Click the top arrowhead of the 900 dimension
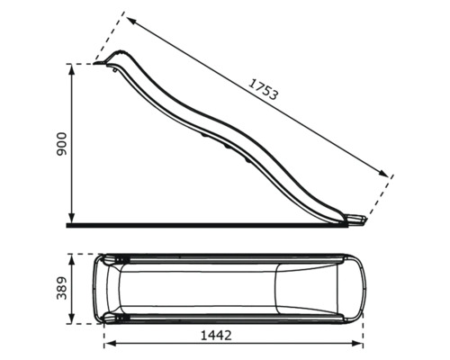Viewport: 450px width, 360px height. (72, 68)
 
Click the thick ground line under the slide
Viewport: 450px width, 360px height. (207, 224)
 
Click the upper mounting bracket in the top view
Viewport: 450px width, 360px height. (117, 260)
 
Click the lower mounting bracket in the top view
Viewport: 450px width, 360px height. (117, 318)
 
